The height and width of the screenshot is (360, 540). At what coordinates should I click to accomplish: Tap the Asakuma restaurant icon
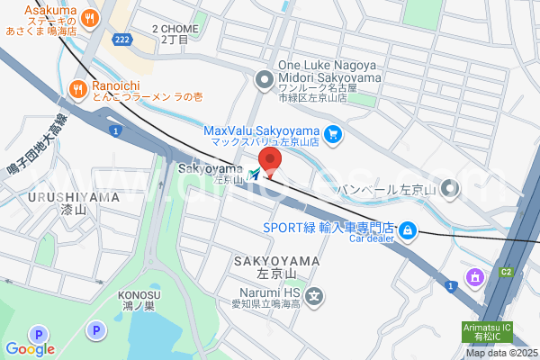click(x=88, y=16)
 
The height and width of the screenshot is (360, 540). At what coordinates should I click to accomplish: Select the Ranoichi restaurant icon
click(x=77, y=88)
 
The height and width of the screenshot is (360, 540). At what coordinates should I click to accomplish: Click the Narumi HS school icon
click(x=314, y=295)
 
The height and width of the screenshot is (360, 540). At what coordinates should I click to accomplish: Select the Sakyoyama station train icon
click(x=256, y=173)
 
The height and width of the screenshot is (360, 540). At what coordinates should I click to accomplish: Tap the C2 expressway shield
click(x=505, y=271)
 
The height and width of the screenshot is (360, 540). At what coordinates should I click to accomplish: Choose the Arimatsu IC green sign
click(x=487, y=332)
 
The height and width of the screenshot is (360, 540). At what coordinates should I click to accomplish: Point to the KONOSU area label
click(x=139, y=295)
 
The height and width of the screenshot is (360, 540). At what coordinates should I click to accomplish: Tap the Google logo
click(x=30, y=349)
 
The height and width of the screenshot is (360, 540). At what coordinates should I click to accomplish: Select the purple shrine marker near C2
click(x=472, y=275)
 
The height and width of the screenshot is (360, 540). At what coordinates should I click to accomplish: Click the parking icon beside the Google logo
click(x=94, y=331)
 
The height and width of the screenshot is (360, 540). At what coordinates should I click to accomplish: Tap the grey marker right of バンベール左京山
click(x=451, y=189)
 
